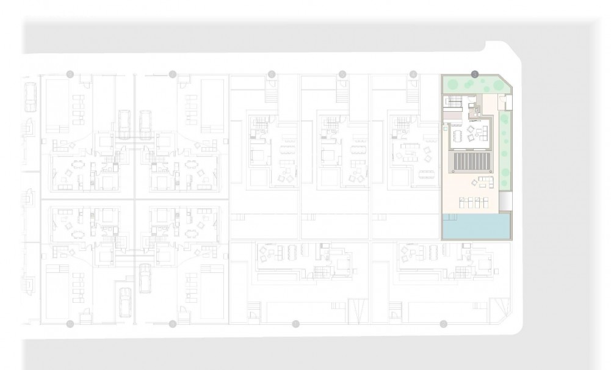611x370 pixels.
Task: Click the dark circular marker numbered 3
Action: (475, 74)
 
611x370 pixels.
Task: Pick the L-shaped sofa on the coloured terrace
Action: (486, 181)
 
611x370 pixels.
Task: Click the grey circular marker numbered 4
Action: (413, 74)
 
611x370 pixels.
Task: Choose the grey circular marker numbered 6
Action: (272, 74)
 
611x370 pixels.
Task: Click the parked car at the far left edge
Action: (29, 98)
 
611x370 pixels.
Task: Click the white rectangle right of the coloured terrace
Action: (505, 200)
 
